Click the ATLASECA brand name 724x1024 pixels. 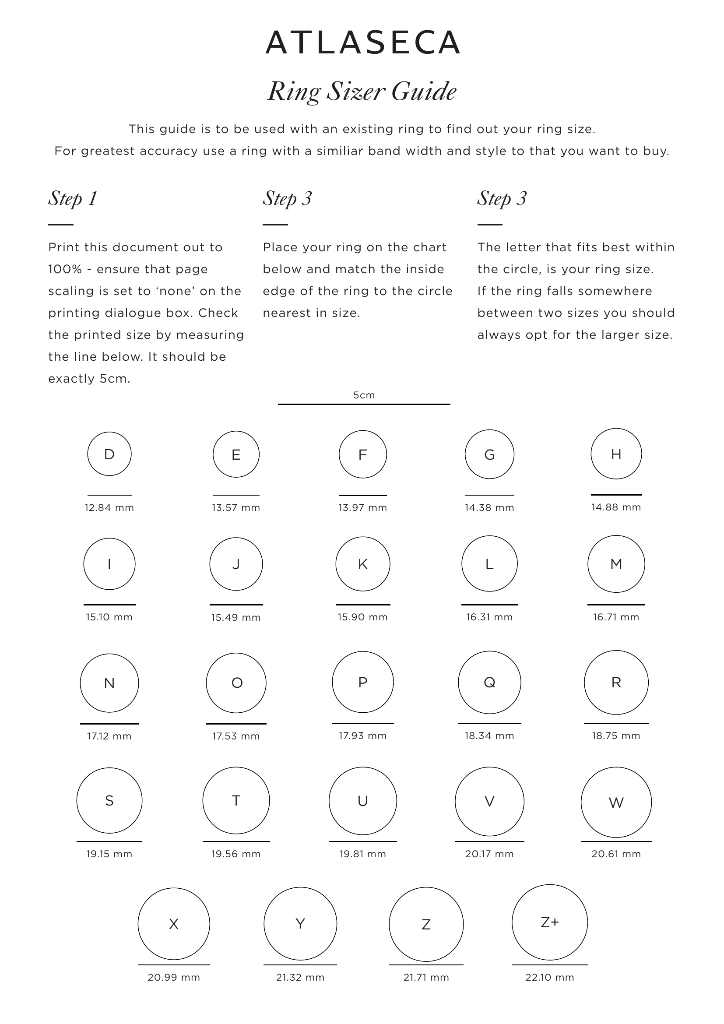click(x=362, y=43)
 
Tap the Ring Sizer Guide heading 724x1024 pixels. click(x=362, y=91)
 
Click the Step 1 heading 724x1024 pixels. click(x=73, y=198)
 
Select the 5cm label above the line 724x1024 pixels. click(x=364, y=395)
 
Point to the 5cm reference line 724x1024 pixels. click(x=364, y=404)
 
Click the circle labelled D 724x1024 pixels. click(x=109, y=454)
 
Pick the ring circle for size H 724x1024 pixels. click(x=616, y=454)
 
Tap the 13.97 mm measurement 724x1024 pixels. click(x=362, y=507)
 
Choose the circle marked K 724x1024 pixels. click(x=362, y=564)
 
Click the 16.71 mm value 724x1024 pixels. click(x=616, y=617)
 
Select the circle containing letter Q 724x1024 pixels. click(x=489, y=683)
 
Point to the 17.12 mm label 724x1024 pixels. click(x=109, y=736)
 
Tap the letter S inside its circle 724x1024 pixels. click(x=109, y=801)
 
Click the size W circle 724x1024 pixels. click(x=616, y=802)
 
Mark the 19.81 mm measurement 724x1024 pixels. click(x=362, y=854)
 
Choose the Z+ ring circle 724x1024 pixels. click(x=549, y=922)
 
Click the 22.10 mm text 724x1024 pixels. click(x=549, y=978)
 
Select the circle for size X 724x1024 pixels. click(x=173, y=924)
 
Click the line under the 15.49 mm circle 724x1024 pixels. click(x=236, y=605)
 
